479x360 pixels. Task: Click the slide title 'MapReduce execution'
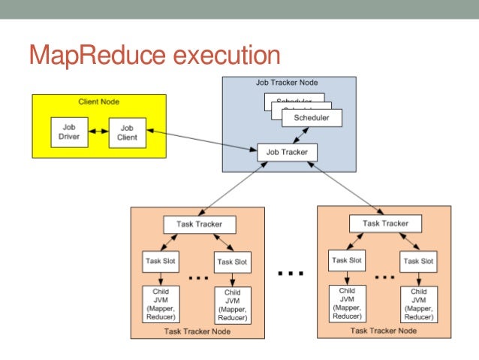tap(154, 55)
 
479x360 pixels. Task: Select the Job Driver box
tap(68, 132)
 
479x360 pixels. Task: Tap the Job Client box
tap(127, 133)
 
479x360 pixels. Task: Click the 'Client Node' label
tap(99, 101)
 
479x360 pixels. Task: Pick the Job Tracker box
tap(287, 152)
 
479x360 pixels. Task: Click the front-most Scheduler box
tap(312, 118)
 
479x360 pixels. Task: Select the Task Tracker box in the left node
tap(199, 224)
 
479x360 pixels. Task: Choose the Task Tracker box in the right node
tap(385, 223)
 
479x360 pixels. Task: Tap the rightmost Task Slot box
tap(418, 261)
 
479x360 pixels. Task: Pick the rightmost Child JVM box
tap(418, 302)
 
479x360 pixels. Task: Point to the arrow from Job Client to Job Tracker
tap(200, 142)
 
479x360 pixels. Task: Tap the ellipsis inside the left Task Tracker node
tap(197, 277)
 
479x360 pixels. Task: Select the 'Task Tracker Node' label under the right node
tap(384, 331)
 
